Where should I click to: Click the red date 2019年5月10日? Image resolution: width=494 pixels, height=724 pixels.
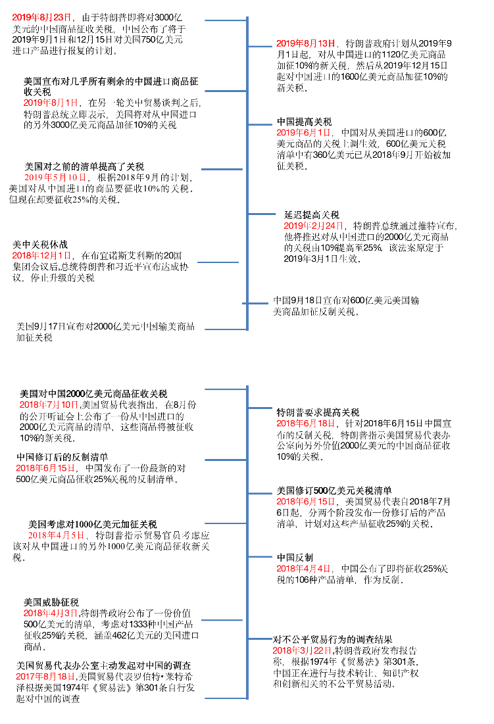tap(55, 178)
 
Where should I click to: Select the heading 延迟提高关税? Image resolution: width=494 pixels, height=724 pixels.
tap(312, 214)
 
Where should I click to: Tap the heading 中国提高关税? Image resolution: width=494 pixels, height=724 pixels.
tap(304, 122)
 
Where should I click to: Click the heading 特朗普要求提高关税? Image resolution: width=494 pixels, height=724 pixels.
tap(318, 412)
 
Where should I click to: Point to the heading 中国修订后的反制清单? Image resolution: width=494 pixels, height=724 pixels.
tap(62, 456)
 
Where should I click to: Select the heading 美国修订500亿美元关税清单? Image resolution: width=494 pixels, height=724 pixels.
tap(334, 491)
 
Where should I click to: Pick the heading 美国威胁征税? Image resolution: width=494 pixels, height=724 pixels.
tap(51, 602)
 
